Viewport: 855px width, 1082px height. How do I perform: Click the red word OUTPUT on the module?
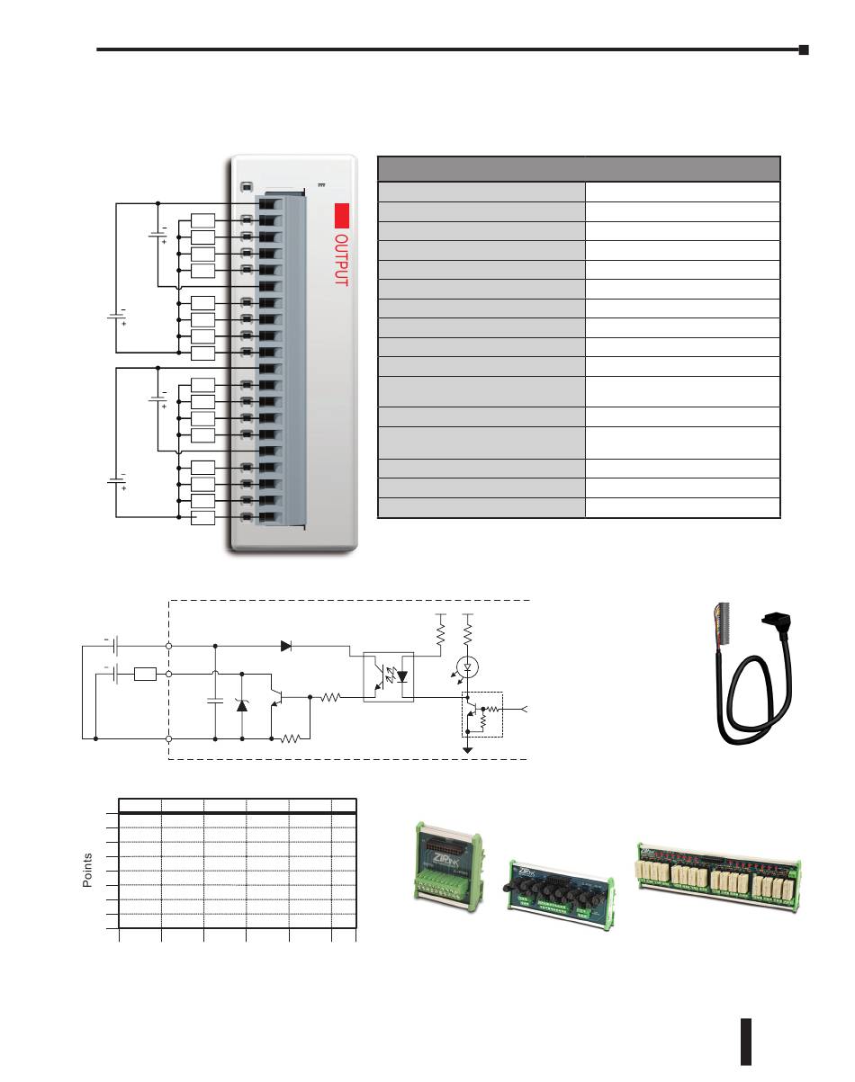coord(341,260)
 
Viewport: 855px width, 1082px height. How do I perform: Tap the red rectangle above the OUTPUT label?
coord(341,216)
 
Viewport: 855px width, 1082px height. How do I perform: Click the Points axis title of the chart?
coord(87,870)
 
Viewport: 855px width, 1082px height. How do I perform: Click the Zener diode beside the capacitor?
coord(242,702)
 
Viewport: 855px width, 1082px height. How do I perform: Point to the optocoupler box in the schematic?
coord(387,675)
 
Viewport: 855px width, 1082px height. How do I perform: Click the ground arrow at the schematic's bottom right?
coord(467,747)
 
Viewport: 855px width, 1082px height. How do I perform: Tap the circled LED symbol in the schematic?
coord(467,666)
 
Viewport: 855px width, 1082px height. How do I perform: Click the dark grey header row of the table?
coord(578,169)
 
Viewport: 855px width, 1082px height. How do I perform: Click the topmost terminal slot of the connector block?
coord(267,203)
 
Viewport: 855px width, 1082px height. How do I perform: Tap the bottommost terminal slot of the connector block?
coord(267,517)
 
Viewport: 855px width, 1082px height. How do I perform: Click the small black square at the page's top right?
coord(803,50)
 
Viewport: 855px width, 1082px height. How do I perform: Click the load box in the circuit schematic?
coord(146,673)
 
